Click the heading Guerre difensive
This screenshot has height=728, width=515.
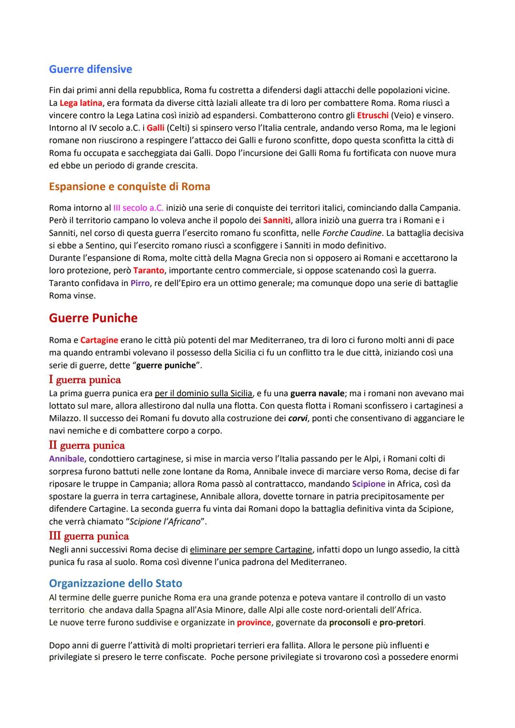click(x=90, y=69)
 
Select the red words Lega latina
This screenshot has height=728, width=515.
click(x=81, y=103)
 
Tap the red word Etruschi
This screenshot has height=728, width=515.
click(x=372, y=115)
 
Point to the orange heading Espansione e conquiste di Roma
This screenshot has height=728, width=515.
click(x=129, y=186)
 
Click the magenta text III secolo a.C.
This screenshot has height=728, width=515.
click(x=138, y=208)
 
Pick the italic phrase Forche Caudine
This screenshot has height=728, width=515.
click(x=352, y=233)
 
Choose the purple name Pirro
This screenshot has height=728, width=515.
click(x=140, y=283)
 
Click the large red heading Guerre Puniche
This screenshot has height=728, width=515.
click(x=93, y=318)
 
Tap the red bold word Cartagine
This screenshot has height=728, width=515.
click(x=99, y=340)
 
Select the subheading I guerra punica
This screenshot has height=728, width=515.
click(x=85, y=379)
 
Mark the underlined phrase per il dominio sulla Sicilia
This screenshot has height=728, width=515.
click(x=203, y=393)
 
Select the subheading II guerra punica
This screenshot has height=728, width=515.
click(x=87, y=445)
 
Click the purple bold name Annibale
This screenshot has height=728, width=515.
click(x=66, y=459)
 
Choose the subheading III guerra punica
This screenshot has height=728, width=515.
click(x=89, y=536)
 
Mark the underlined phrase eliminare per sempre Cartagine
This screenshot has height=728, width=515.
click(x=251, y=550)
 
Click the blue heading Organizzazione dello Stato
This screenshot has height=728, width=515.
click(x=115, y=584)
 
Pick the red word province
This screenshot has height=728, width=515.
click(x=254, y=623)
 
